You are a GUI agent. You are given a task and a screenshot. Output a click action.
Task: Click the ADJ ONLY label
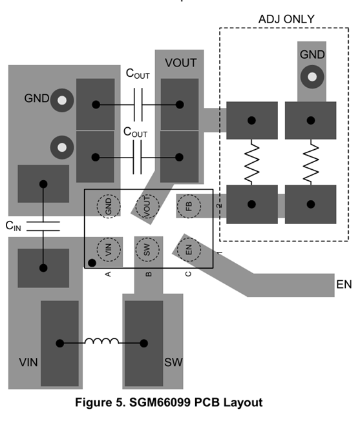[286, 19]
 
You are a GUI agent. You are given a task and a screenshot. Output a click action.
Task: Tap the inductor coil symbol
[101, 341]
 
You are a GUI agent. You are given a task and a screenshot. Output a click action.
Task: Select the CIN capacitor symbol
[43, 226]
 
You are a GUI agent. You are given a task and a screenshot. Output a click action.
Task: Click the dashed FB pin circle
[189, 206]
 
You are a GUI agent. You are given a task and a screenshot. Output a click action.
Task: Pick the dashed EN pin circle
[189, 249]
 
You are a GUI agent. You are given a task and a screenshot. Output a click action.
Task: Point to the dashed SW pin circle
[147, 249]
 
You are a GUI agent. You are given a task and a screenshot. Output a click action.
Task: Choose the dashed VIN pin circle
[109, 249]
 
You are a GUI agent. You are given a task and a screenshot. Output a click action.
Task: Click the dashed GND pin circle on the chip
[109, 206]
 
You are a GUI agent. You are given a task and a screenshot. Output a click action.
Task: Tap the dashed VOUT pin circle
[147, 206]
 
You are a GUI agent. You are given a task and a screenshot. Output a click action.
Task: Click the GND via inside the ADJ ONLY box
[312, 77]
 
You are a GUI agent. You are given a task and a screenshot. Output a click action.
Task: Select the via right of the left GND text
[62, 100]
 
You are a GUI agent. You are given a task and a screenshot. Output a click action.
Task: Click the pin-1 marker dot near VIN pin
[92, 263]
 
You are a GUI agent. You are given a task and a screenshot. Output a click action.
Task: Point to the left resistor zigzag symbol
[251, 162]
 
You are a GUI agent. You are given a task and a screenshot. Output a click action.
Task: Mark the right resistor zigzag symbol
[311, 162]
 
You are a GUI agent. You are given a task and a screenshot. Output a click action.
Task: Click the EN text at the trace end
[344, 284]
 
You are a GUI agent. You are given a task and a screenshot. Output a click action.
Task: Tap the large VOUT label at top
[181, 63]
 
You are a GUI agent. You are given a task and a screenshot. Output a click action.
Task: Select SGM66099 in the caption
[160, 402]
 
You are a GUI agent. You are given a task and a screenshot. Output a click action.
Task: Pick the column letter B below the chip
[149, 274]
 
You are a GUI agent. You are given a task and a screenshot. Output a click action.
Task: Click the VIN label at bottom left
[28, 362]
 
